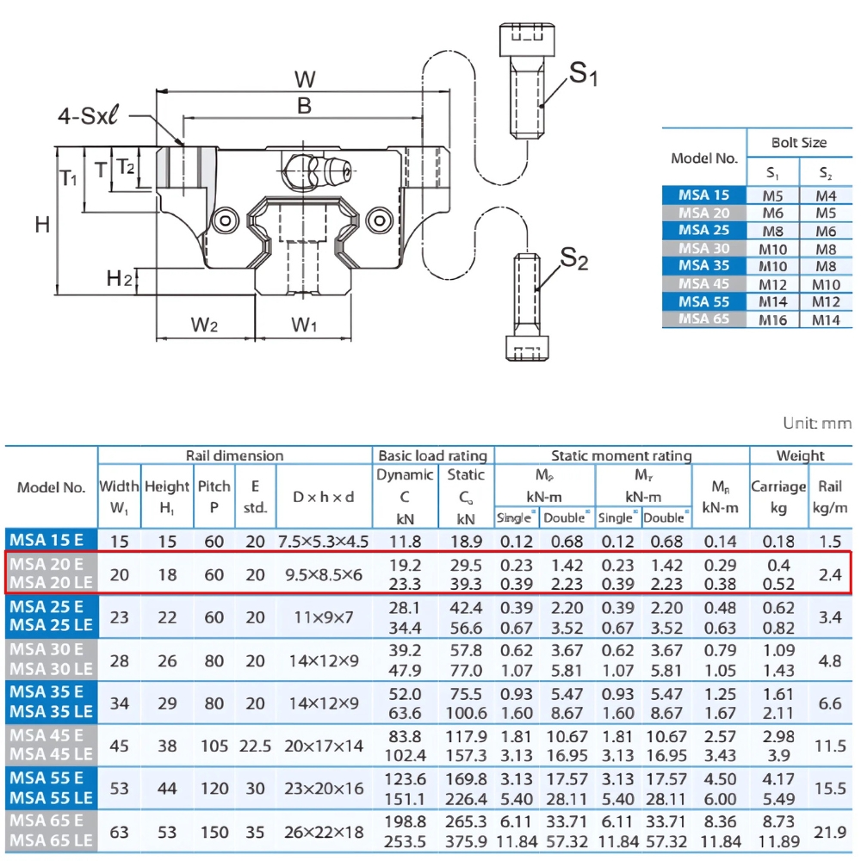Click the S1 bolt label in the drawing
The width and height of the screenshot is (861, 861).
tap(583, 76)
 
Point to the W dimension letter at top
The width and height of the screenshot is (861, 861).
tap(304, 80)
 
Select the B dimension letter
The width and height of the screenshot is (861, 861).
tap(303, 106)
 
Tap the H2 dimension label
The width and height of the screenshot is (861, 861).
tap(119, 278)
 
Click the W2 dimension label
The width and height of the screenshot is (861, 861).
tap(204, 325)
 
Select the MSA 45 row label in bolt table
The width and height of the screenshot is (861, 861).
tap(704, 283)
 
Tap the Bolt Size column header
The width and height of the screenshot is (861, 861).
tap(800, 142)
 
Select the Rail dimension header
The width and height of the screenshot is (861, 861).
tap(234, 455)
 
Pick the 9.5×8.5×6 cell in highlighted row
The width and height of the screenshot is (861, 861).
tap(322, 574)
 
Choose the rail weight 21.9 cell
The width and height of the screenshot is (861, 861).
tap(830, 832)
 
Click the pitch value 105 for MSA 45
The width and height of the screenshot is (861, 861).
tap(214, 746)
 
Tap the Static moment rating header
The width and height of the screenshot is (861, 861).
tap(622, 455)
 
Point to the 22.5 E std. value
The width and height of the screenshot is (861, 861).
tap(255, 746)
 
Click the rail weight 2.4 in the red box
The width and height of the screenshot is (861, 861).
tap(830, 574)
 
